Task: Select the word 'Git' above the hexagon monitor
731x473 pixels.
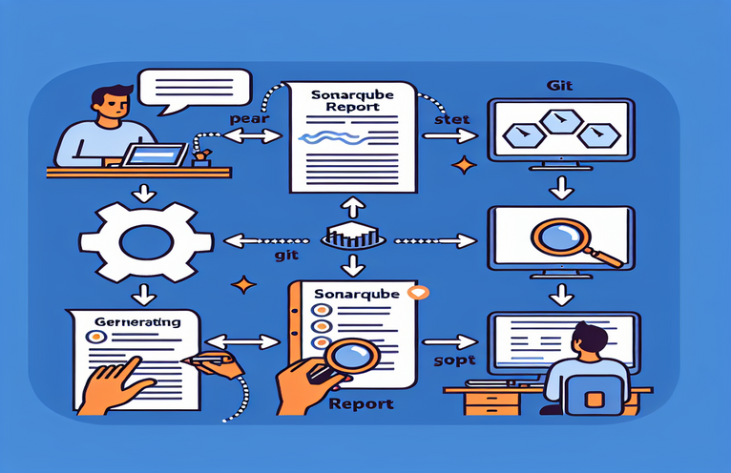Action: pos(559,85)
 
